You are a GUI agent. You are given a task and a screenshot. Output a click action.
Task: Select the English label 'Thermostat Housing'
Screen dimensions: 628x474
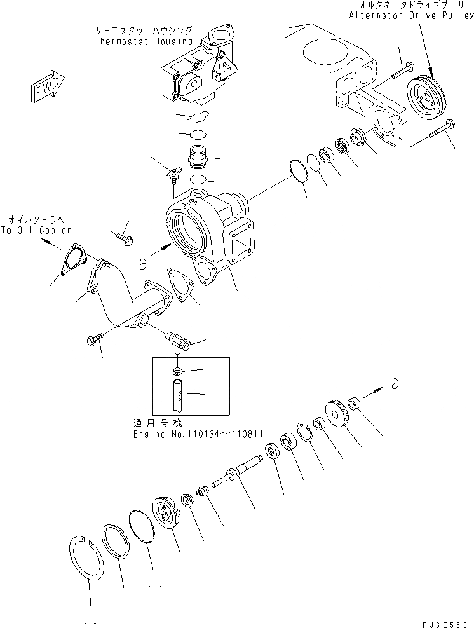coord(142,42)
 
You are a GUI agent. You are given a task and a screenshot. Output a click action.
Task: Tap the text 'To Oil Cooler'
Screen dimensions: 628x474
coord(36,231)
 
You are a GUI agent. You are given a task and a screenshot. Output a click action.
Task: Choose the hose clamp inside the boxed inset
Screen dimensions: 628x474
coord(179,371)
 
